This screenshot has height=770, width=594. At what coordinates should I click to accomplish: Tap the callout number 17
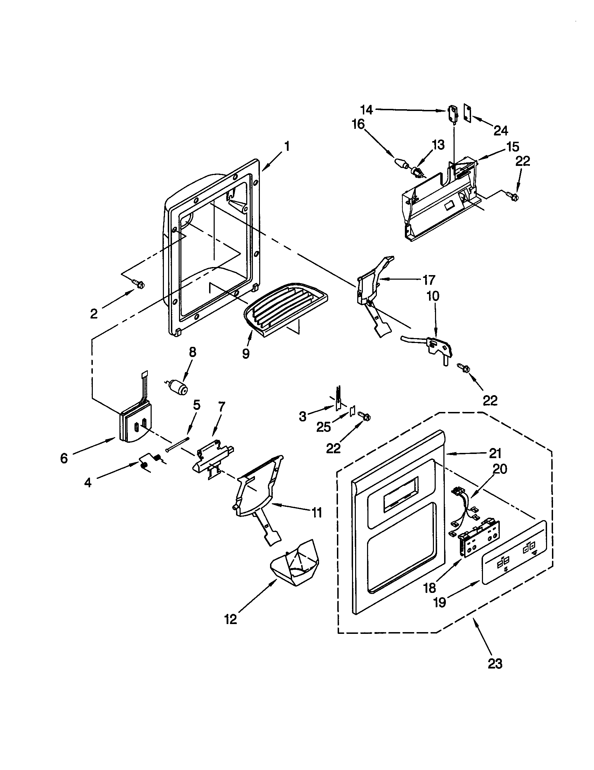429,280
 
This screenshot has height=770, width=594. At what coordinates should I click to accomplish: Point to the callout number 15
513,146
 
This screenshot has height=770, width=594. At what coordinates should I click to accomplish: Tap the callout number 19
440,602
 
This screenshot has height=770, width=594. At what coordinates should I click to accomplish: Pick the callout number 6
64,458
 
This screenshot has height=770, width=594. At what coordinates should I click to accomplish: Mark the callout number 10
433,296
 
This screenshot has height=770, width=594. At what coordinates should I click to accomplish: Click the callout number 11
316,512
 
